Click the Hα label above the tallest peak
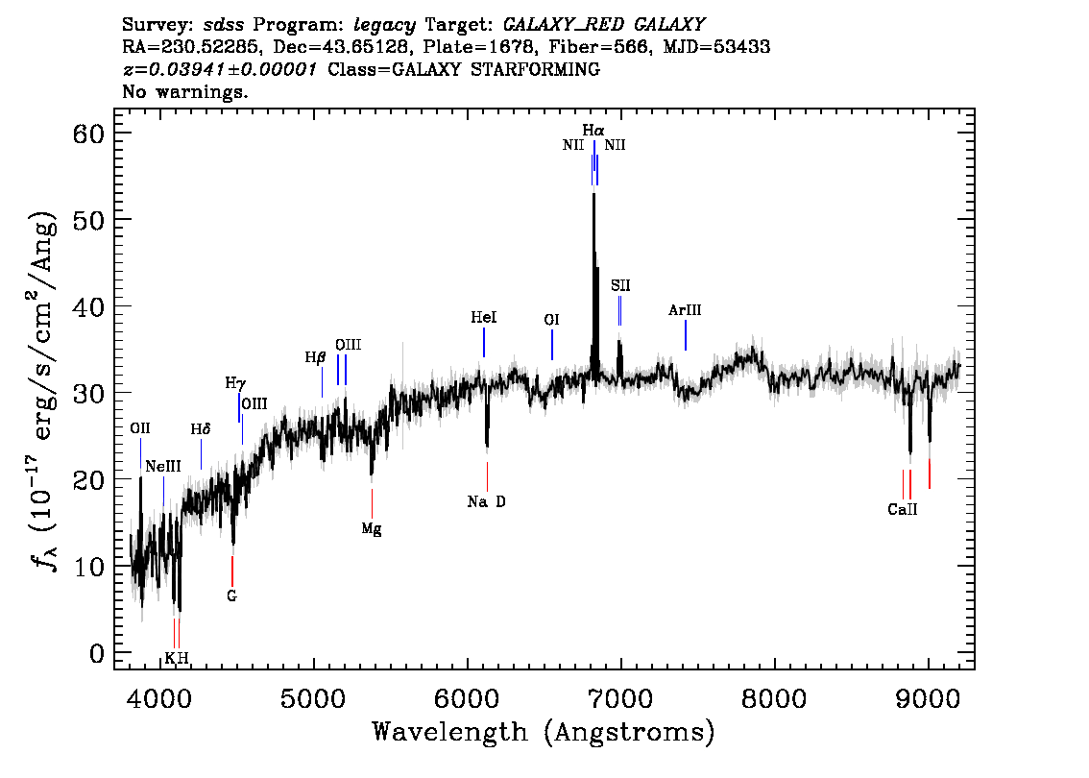pyautogui.click(x=593, y=130)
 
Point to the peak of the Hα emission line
pyautogui.click(x=593, y=195)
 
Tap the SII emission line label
pyautogui.click(x=620, y=285)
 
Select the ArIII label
pyautogui.click(x=685, y=310)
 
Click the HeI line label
pyautogui.click(x=484, y=317)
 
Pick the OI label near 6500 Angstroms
pyautogui.click(x=551, y=320)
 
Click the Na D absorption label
pyautogui.click(x=486, y=501)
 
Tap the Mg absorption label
pyautogui.click(x=372, y=528)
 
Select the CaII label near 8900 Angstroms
pyautogui.click(x=903, y=510)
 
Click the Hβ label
pyautogui.click(x=316, y=357)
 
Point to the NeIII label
pyautogui.click(x=163, y=467)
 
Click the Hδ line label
pyautogui.click(x=200, y=428)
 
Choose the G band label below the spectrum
pyautogui.click(x=231, y=596)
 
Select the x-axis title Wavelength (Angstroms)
pyautogui.click(x=544, y=732)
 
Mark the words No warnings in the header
pyautogui.click(x=184, y=92)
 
